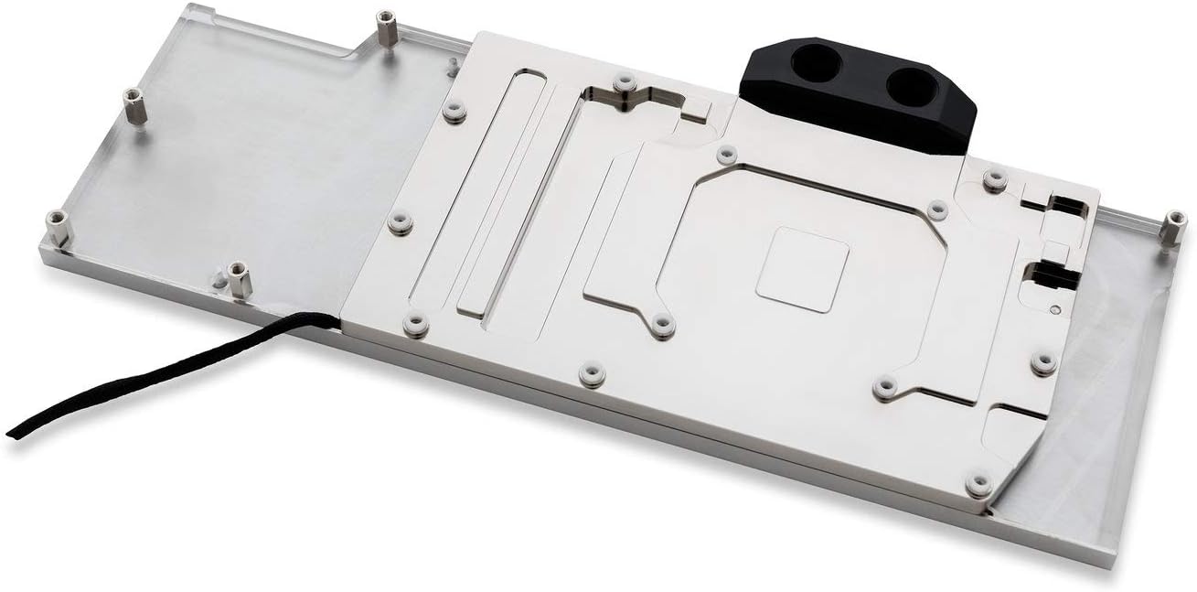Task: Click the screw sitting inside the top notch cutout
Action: click(625, 84)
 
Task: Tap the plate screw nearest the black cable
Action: click(416, 324)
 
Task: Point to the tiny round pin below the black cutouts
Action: click(1057, 309)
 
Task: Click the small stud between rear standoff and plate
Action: click(452, 65)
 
